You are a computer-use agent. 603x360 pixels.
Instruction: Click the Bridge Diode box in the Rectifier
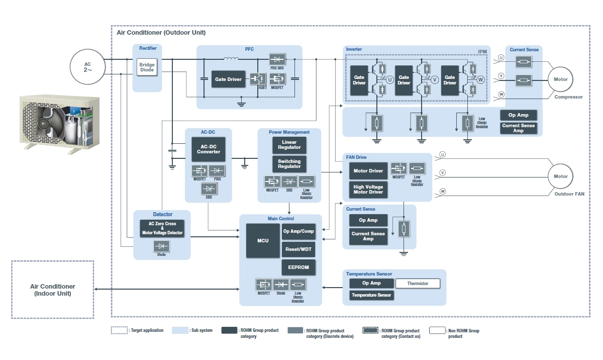pos(147,67)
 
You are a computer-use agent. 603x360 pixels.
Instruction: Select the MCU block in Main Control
pos(263,241)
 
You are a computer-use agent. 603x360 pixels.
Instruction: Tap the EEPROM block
pos(298,267)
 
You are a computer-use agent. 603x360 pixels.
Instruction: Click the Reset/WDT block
pos(298,249)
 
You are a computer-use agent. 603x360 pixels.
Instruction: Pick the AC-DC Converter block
pos(209,149)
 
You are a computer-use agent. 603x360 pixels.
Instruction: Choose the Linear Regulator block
pos(289,145)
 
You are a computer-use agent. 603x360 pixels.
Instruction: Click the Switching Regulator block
pos(289,164)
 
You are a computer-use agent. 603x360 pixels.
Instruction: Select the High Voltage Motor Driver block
pos(368,190)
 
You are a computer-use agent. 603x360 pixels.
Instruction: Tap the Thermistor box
pos(418,284)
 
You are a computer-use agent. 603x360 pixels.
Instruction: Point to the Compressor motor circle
pos(560,79)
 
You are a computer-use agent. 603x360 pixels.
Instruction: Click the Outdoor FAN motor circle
pos(560,176)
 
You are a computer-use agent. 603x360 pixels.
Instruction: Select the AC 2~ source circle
pos(88,67)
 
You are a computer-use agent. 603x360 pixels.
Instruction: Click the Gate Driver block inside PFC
pos(229,79)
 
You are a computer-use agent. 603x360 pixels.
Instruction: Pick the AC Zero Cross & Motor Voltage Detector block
pos(162,229)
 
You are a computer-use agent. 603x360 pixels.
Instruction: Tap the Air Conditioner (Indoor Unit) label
pos(52,290)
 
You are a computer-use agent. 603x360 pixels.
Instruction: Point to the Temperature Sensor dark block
pos(371,295)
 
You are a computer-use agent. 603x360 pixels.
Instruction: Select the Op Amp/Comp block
pos(298,231)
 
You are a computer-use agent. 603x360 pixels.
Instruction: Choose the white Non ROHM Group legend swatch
pos(438,330)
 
